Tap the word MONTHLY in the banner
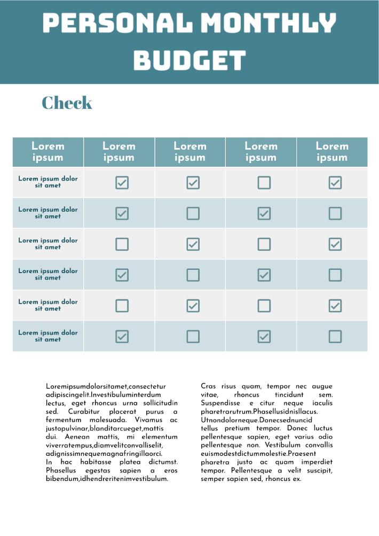[x=269, y=24]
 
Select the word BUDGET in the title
[x=189, y=60]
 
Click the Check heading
[x=67, y=103]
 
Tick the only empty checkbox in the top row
[x=264, y=183]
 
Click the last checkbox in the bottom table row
[x=335, y=336]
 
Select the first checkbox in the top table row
[x=122, y=183]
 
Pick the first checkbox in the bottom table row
[x=122, y=336]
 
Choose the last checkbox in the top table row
[x=335, y=183]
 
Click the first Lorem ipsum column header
[x=48, y=152]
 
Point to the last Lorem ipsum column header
[x=332, y=152]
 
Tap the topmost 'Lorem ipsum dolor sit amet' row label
[x=48, y=182]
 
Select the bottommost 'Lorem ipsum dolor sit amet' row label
[x=48, y=336]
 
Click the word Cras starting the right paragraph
[x=208, y=386]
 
